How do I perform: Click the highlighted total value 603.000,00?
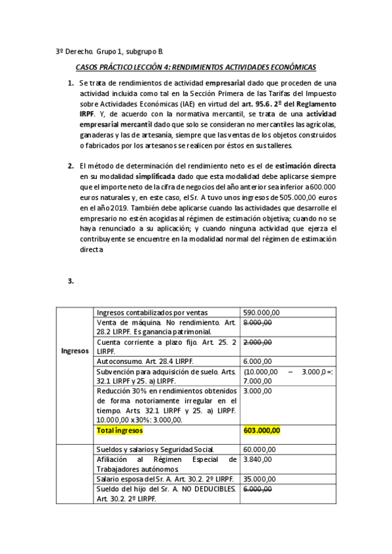(x=261, y=431)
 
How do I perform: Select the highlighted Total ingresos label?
(x=120, y=431)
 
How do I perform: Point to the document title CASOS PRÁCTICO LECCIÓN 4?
(x=196, y=67)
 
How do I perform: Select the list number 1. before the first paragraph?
(x=71, y=84)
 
